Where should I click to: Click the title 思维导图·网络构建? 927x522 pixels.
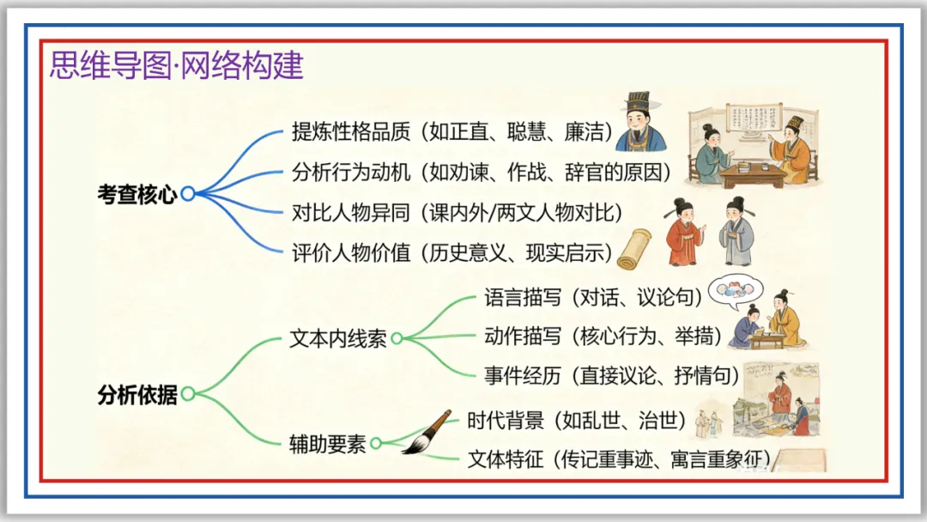177,65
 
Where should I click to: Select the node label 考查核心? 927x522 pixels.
136,195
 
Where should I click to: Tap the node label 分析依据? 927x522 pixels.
136,396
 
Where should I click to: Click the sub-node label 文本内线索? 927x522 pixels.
338,339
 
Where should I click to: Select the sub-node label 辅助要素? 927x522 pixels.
328,445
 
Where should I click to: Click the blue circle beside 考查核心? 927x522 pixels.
187,195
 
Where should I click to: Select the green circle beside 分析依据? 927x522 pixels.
188,395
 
